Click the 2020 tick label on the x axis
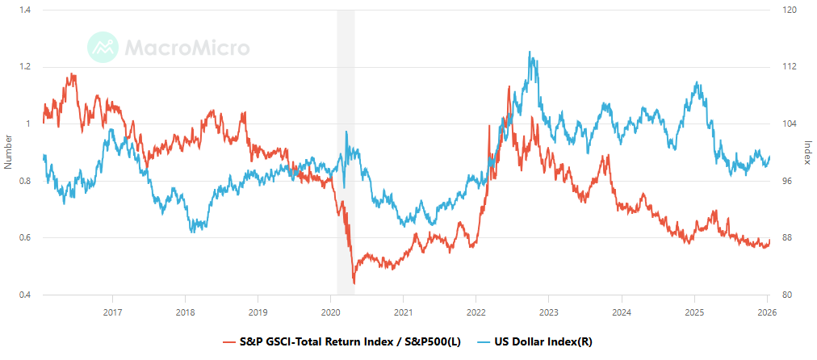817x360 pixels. pos(331,312)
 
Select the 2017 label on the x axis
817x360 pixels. pos(113,312)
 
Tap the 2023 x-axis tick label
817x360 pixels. pos(549,312)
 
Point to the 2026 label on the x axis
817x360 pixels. pos(766,312)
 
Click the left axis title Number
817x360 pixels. pos(8,153)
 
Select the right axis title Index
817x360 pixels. pos(808,153)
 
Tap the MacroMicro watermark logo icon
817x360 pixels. pos(103,48)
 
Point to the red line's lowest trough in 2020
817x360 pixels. pos(354,283)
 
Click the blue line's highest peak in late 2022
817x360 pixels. pos(530,52)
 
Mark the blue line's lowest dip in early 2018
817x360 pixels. pos(191,232)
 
